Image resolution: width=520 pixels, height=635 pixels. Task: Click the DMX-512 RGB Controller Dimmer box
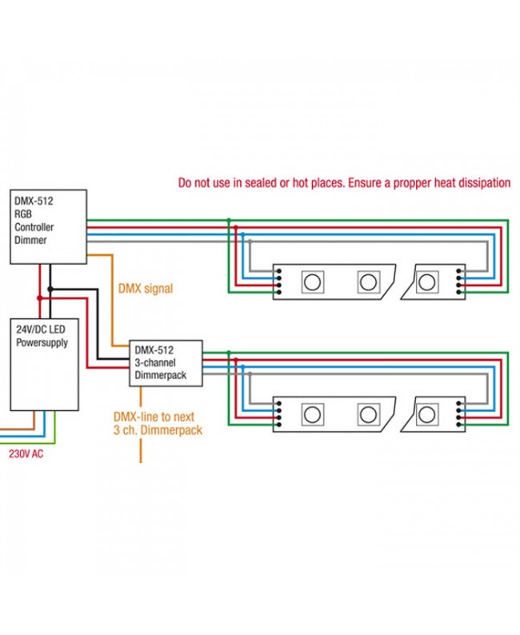point(48,227)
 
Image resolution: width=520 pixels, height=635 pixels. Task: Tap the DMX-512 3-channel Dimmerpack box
point(166,362)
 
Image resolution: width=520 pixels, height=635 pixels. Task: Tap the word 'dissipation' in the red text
point(481,182)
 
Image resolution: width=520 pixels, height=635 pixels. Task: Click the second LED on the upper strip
point(367,281)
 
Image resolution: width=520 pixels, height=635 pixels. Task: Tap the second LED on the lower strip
point(367,414)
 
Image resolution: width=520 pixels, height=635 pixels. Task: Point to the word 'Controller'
point(35,226)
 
